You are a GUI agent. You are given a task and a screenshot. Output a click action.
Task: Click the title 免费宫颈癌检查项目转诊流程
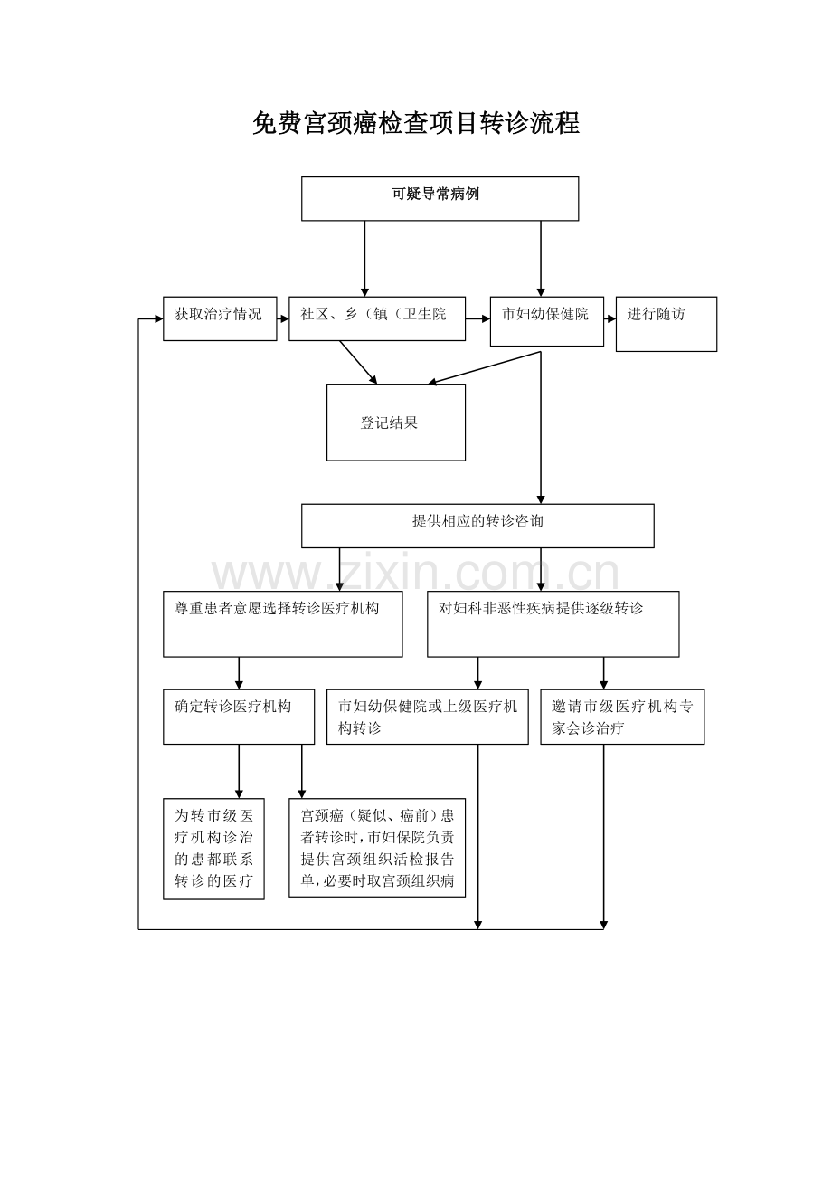pos(416,124)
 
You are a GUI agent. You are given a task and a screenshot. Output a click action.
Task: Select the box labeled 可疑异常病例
pos(440,198)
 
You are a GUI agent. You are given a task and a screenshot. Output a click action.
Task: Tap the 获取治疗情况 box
pos(220,318)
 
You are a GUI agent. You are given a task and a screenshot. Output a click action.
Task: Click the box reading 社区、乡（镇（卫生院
pos(377,318)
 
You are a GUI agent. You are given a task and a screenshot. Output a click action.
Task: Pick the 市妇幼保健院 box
pos(546,321)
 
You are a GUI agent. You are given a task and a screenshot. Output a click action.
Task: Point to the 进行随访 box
pos(666,324)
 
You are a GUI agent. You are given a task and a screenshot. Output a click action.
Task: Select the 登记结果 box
pos(395,423)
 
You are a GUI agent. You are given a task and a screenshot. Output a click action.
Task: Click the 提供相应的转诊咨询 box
pos(477,526)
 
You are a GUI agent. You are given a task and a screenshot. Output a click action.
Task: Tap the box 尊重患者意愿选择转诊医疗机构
pos(282,623)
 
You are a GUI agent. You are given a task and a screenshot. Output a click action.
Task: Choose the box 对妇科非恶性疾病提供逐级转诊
pos(553,623)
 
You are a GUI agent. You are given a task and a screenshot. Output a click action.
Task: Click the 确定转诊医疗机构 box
pos(238,717)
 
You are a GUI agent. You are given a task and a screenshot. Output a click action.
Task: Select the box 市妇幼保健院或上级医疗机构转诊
pos(427,717)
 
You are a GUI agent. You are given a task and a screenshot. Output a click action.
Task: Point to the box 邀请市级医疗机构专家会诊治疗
pos(622,717)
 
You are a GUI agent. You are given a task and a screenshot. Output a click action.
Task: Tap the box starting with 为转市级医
pos(213,849)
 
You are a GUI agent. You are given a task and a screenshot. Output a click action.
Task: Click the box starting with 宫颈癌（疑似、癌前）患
pos(377,847)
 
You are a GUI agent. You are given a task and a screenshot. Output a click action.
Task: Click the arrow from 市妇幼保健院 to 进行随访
pos(610,318)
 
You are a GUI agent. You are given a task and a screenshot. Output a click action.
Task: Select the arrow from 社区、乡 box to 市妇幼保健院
pos(477,318)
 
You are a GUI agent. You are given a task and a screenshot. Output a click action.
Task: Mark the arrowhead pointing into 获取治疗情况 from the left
pos(157,318)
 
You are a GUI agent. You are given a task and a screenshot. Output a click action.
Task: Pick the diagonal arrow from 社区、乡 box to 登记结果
pos(358,362)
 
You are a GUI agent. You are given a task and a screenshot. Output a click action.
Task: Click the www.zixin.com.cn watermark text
pos(416,574)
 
